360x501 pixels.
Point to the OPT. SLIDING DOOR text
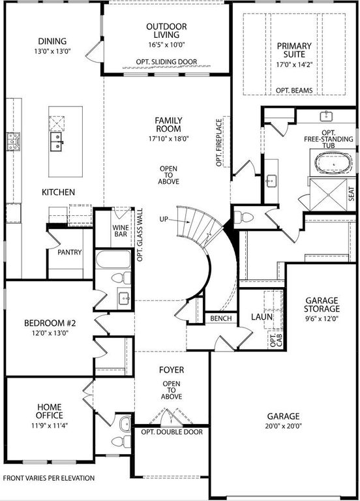166,61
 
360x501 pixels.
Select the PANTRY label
69,252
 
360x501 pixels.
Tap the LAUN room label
261,317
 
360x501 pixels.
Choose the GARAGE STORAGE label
322,305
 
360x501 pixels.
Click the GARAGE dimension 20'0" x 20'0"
283,427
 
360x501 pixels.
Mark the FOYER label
172,370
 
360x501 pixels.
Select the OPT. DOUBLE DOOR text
172,432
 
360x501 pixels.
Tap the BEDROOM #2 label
46,323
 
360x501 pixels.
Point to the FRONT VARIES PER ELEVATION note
49,478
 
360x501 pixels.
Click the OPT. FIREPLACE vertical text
219,142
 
